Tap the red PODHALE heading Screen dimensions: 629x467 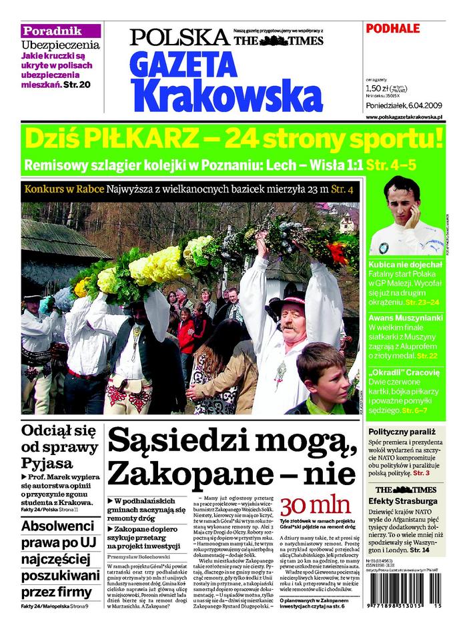tap(393, 28)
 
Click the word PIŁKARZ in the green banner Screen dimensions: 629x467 tap(141, 139)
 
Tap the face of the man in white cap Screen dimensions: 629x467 tap(402, 204)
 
